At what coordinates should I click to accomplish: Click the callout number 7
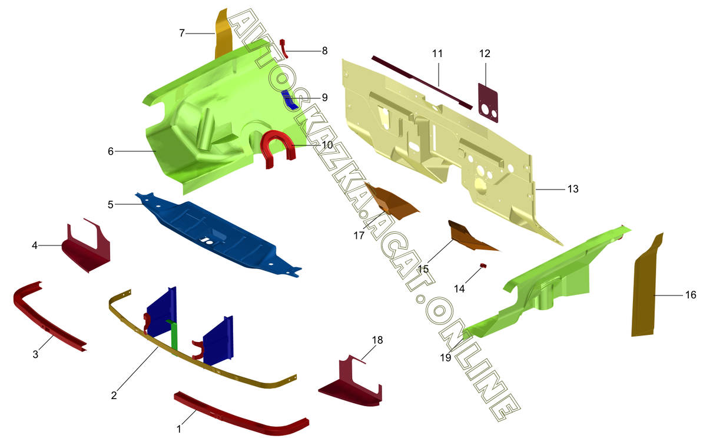click(183, 33)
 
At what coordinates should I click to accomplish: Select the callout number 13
click(572, 189)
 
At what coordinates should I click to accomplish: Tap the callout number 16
click(691, 295)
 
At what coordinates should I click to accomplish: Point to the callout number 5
click(110, 204)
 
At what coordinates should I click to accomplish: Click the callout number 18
click(377, 340)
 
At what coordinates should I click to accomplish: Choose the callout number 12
click(485, 54)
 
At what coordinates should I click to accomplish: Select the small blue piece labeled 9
click(290, 101)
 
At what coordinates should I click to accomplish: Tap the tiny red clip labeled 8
click(283, 45)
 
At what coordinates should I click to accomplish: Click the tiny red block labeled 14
click(482, 265)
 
